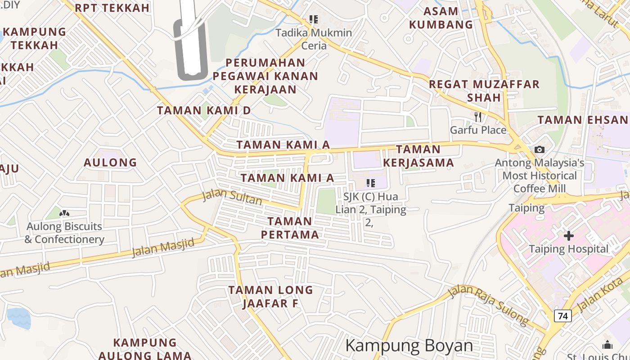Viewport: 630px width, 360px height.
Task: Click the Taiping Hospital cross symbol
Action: [569, 235]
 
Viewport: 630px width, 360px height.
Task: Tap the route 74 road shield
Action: [562, 316]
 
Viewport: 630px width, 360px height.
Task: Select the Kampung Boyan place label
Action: [409, 346]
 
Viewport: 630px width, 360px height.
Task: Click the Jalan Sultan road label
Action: [232, 197]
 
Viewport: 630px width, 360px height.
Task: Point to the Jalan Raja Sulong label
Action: [489, 305]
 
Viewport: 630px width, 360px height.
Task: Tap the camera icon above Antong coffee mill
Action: [539, 149]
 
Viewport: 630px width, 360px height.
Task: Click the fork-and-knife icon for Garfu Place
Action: [478, 117]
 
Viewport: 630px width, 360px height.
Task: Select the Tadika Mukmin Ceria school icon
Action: [314, 19]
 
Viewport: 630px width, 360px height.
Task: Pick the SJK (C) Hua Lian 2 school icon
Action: [370, 183]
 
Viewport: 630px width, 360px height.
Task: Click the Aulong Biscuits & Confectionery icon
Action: [64, 213]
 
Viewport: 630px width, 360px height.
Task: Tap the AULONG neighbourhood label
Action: [110, 162]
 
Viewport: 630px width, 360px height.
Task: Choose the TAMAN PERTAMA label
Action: [290, 228]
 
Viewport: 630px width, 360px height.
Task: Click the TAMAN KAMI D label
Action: [203, 110]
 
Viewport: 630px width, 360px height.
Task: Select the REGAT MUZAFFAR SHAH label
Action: [484, 90]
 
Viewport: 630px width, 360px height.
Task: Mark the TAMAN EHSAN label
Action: [583, 120]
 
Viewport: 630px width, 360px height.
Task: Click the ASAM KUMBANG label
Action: [441, 18]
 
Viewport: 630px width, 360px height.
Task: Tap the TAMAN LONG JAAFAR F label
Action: [270, 297]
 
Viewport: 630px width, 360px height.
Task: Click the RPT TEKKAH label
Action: [112, 8]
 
